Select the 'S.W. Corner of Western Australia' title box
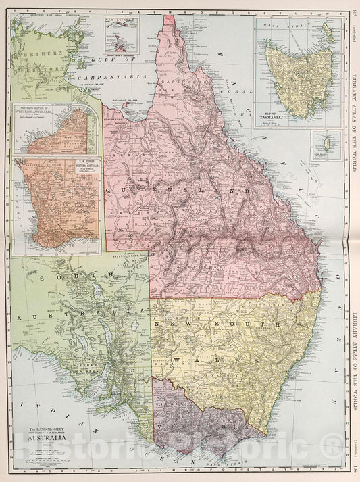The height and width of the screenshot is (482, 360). [x=79, y=168]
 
